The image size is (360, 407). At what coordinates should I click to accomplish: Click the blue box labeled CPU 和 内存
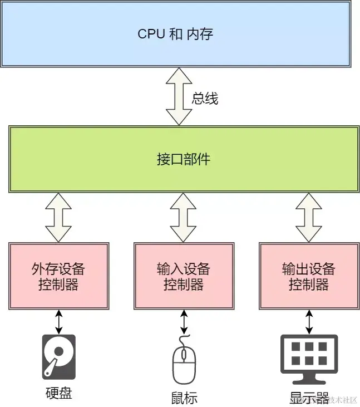[x=176, y=34]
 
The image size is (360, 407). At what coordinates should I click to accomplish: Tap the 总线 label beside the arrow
[x=205, y=99]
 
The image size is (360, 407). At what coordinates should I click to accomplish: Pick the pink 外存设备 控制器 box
[x=58, y=276]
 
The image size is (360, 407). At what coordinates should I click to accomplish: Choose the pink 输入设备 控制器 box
[x=183, y=276]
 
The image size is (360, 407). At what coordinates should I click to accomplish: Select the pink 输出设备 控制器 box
[x=308, y=276]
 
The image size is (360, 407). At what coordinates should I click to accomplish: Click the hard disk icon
[x=58, y=357]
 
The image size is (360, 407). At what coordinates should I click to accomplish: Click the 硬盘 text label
[x=58, y=393]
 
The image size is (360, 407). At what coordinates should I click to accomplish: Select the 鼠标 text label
[x=184, y=398]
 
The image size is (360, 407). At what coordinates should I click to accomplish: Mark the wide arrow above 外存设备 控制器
[x=58, y=217]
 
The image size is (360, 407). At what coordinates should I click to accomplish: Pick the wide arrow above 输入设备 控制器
[x=183, y=217]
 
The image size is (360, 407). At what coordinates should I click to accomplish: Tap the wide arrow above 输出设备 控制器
[x=308, y=217]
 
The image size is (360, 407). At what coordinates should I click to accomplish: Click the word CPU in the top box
[x=150, y=34]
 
